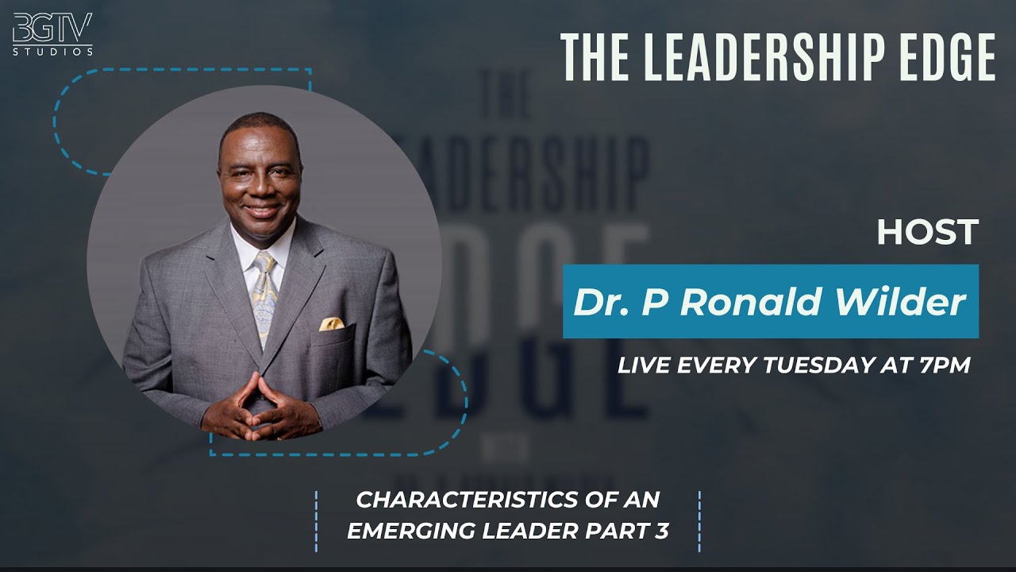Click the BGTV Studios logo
pos(52,34)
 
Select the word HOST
pos(927,233)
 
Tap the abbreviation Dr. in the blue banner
pos(601,303)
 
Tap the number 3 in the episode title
pos(663,531)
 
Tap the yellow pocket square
pos(332,323)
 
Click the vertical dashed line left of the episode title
pos(317,521)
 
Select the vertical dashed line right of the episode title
pos(699,521)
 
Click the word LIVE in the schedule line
pos(641,366)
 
